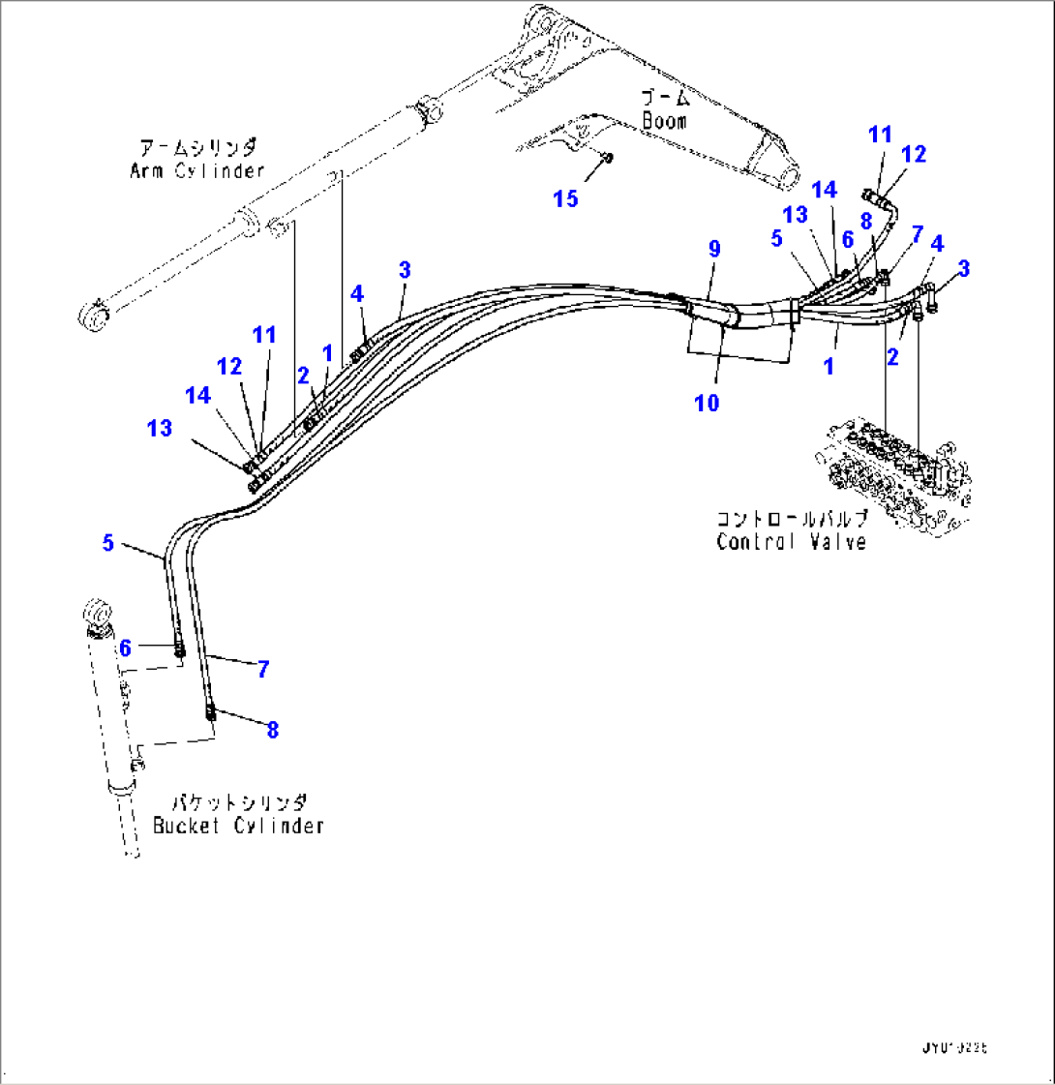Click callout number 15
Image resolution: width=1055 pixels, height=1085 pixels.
[x=565, y=198]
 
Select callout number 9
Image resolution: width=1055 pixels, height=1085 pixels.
[x=714, y=249]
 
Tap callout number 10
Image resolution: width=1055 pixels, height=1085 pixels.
[x=708, y=403]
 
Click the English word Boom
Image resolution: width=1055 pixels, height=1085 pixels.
[x=664, y=122]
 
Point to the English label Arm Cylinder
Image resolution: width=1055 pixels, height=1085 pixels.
[x=196, y=171]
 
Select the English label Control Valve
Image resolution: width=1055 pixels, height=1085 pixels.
[x=791, y=542]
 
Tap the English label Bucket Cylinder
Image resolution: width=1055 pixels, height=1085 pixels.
[x=238, y=826]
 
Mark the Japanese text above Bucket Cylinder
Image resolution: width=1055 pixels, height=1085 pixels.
[x=239, y=802]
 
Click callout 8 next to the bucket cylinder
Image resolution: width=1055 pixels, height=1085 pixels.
[x=272, y=730]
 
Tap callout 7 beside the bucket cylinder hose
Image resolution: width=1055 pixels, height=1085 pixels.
[x=262, y=668]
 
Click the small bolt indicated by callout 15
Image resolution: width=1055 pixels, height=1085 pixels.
[x=605, y=157]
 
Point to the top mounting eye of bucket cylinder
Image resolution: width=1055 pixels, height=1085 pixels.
[x=98, y=615]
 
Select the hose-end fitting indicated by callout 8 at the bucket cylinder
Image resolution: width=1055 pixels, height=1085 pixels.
[x=210, y=714]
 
